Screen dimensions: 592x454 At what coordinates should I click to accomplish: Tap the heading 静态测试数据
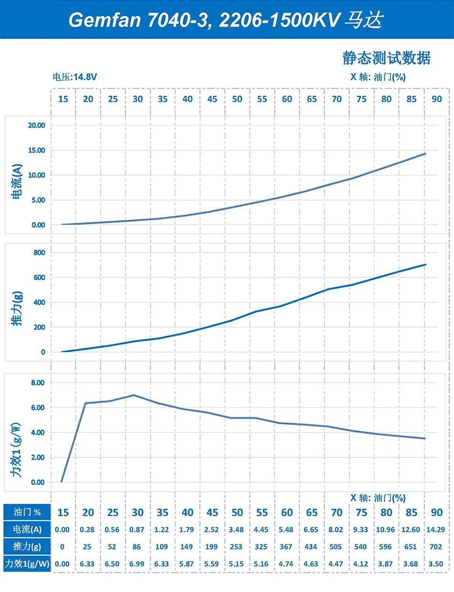click(x=386, y=58)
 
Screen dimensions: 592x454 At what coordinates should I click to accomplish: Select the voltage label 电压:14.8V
click(x=76, y=77)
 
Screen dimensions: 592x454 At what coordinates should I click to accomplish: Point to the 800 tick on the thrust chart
click(x=37, y=252)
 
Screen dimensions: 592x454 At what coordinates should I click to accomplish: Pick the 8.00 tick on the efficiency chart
click(x=36, y=383)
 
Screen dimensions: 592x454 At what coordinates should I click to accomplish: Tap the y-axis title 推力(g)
click(x=17, y=302)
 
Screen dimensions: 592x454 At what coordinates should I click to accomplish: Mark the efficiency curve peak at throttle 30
click(x=134, y=395)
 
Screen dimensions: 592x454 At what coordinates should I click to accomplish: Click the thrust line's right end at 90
click(x=425, y=264)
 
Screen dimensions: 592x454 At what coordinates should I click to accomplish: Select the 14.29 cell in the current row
click(x=436, y=529)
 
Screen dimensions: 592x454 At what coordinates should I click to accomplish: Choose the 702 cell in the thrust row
click(x=436, y=547)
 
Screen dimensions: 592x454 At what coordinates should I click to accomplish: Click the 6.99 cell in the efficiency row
click(x=138, y=564)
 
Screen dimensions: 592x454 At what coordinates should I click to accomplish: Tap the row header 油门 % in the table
click(x=27, y=512)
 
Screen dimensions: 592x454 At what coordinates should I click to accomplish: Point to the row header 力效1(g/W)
click(x=27, y=564)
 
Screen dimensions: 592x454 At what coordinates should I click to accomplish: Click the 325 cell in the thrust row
click(x=262, y=547)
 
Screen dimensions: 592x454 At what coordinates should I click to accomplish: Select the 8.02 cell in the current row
click(x=336, y=529)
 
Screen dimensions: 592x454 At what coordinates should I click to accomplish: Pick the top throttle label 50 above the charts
click(x=237, y=99)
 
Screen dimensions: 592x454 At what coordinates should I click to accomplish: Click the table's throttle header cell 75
click(x=362, y=512)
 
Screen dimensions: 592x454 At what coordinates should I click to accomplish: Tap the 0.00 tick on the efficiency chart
click(x=36, y=482)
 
